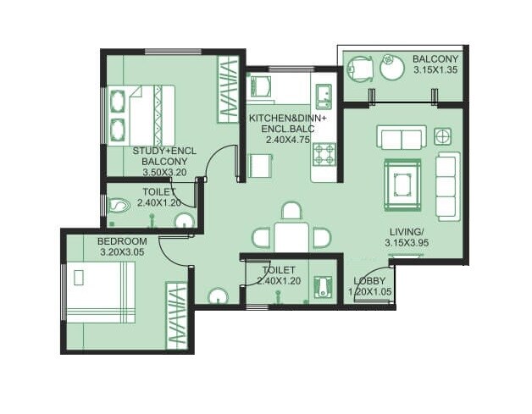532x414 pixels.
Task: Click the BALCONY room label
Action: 435,58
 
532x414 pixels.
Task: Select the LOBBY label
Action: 369,281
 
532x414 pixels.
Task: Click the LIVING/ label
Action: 407,231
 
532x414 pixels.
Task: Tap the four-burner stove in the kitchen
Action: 324,154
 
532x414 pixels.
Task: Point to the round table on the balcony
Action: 392,67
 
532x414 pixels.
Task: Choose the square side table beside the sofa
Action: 442,136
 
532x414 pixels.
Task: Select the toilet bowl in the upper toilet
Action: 119,204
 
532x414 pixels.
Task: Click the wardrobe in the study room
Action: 229,89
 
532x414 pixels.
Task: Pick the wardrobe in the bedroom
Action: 176,313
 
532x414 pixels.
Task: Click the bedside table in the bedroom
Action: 80,277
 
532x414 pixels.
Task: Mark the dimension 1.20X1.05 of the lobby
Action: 369,292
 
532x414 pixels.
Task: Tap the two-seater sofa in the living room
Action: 402,138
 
